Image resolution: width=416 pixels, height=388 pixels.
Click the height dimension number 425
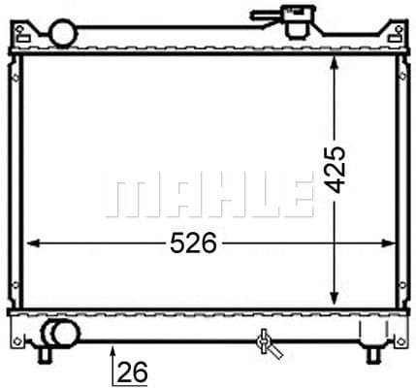click(336, 172)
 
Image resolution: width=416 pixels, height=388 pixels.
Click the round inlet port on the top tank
click(63, 32)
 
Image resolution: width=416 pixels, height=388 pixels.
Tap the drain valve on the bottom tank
click(263, 340)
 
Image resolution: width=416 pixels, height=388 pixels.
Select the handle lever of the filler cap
click(263, 14)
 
